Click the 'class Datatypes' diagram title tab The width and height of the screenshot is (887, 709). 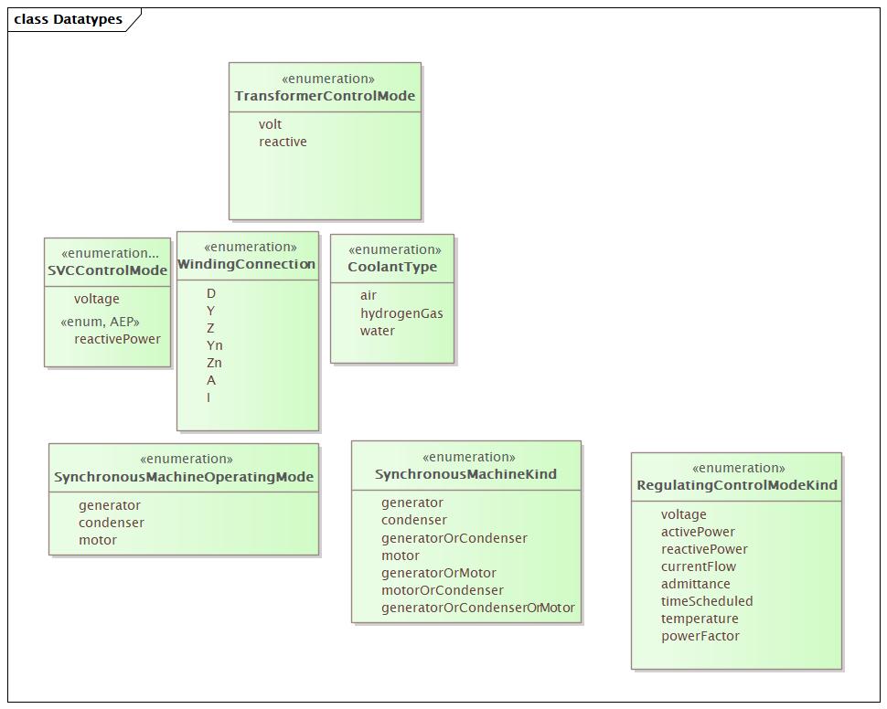click(x=68, y=19)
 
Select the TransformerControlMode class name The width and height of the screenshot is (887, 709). click(x=325, y=96)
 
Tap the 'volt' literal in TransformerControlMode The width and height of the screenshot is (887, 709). click(x=270, y=124)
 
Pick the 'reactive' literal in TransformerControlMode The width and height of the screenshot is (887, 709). click(x=283, y=142)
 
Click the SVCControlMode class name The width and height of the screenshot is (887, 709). click(x=108, y=270)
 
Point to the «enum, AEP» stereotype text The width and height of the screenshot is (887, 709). click(x=100, y=322)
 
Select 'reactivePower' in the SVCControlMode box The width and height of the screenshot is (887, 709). click(x=117, y=339)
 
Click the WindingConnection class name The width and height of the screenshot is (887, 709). click(x=247, y=264)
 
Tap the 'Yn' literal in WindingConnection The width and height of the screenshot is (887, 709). click(x=214, y=345)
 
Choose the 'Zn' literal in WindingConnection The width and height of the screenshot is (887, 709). click(x=214, y=363)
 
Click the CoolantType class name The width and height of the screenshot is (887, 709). click(x=392, y=267)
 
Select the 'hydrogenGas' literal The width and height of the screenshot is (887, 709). click(x=401, y=313)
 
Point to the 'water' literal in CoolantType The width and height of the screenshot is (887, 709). click(x=378, y=331)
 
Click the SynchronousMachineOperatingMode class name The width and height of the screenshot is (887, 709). click(x=184, y=477)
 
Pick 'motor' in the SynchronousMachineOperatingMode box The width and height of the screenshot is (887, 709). click(x=98, y=540)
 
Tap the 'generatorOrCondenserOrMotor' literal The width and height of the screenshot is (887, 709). click(x=478, y=608)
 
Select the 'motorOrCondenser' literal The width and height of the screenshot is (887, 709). click(x=443, y=590)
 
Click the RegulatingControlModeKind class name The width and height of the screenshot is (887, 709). click(x=737, y=485)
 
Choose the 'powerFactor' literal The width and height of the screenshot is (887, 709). click(x=700, y=636)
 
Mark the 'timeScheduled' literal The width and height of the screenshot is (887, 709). click(x=707, y=601)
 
